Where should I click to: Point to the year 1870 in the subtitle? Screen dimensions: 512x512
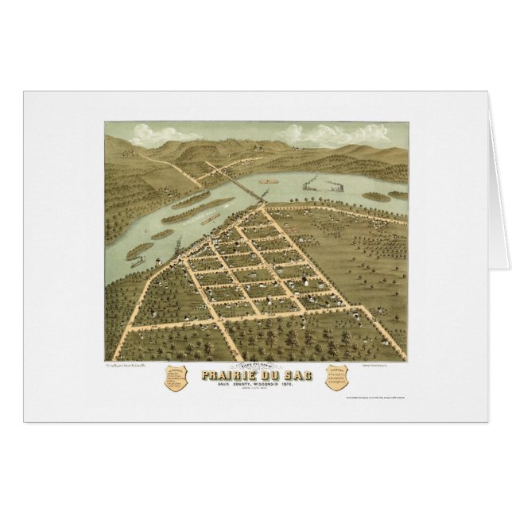[301, 386]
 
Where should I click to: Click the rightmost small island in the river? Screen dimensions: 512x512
[398, 194]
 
